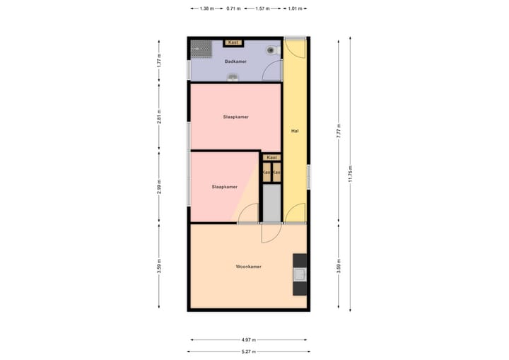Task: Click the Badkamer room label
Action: pyautogui.click(x=235, y=62)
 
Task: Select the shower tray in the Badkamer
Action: pyautogui.click(x=202, y=48)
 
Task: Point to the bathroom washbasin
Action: pyautogui.click(x=233, y=76)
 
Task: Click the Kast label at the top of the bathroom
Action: pyautogui.click(x=233, y=42)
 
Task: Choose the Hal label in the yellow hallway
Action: pyautogui.click(x=294, y=131)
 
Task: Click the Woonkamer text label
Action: pyautogui.click(x=249, y=267)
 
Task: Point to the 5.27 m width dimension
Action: pyautogui.click(x=247, y=352)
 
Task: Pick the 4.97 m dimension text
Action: pyautogui.click(x=247, y=339)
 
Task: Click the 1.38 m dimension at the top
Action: pyautogui.click(x=206, y=8)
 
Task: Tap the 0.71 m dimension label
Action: pyautogui.click(x=233, y=8)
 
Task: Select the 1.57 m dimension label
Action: pyautogui.click(x=262, y=8)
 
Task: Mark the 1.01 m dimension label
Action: pyautogui.click(x=294, y=8)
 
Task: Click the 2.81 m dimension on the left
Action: pyautogui.click(x=160, y=116)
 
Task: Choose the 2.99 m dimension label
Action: pyautogui.click(x=160, y=187)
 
